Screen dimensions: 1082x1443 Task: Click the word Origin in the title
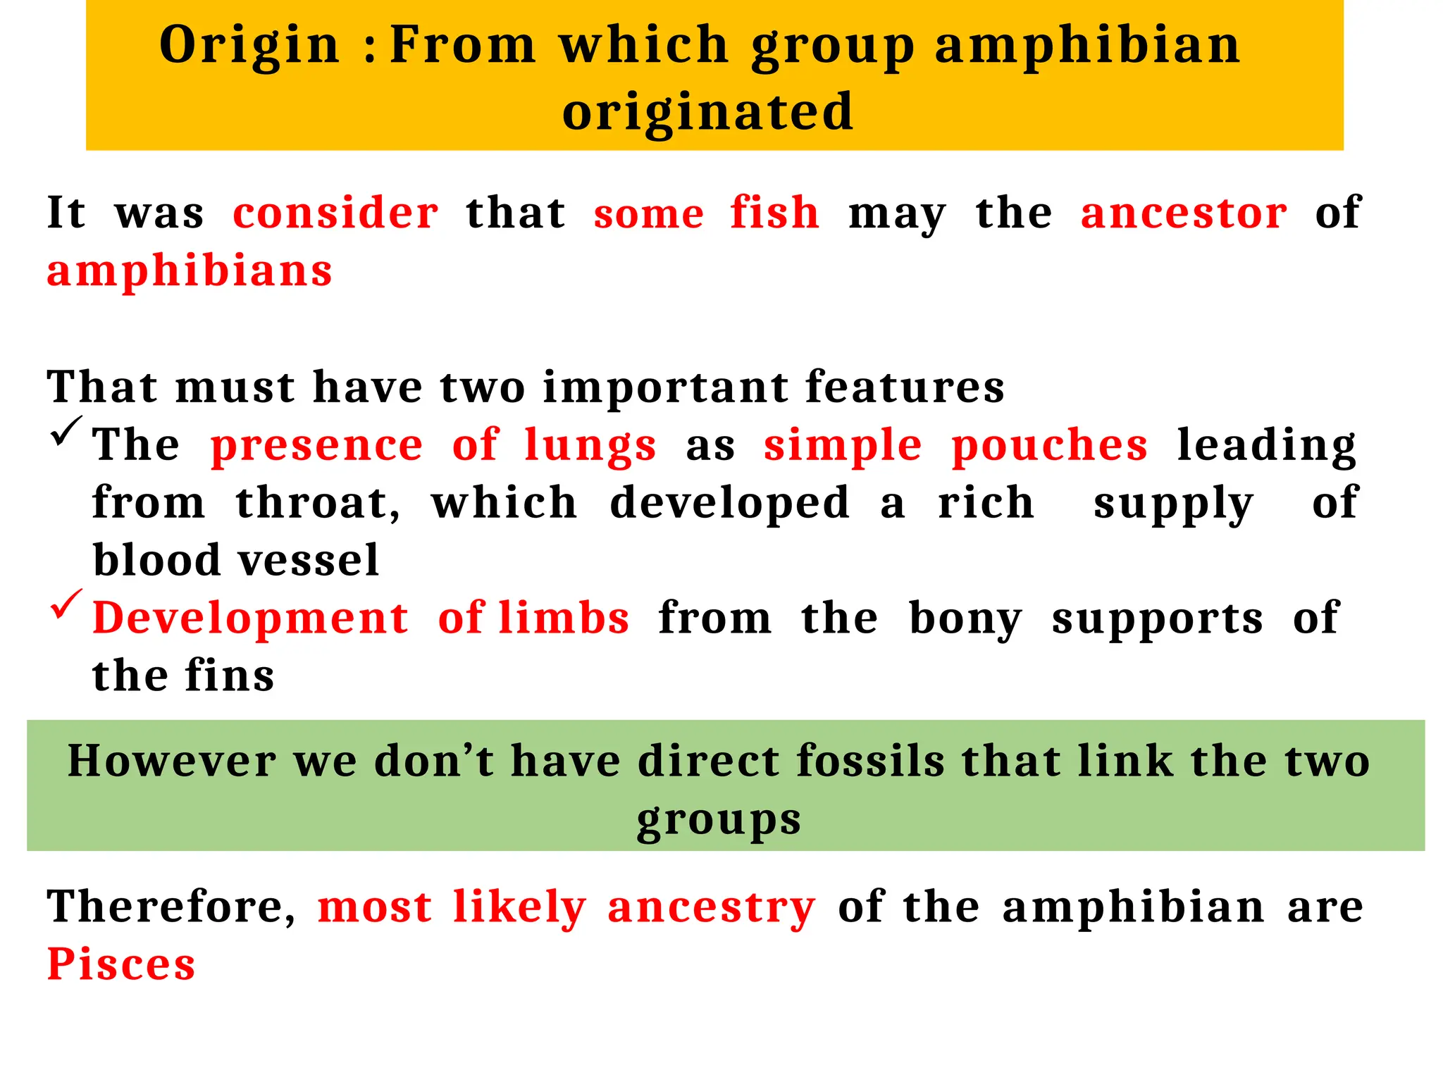click(x=249, y=46)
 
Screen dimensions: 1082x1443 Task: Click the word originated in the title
click(x=707, y=111)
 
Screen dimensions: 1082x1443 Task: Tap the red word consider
click(x=335, y=213)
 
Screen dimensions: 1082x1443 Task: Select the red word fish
click(x=774, y=213)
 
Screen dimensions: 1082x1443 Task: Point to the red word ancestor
click(x=1184, y=213)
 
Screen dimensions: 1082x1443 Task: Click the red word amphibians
click(x=190, y=271)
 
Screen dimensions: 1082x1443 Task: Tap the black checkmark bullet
click(x=66, y=431)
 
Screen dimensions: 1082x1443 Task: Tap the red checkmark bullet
click(x=66, y=604)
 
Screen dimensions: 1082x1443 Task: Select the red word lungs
click(x=590, y=446)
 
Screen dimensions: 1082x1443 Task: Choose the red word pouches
click(x=1049, y=446)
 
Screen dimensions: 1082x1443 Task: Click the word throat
click(x=318, y=503)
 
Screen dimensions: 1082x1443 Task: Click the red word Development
click(x=250, y=618)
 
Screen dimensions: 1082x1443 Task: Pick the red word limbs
click(x=564, y=618)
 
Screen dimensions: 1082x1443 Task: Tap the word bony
click(x=965, y=618)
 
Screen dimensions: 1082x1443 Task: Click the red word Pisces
click(x=121, y=964)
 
